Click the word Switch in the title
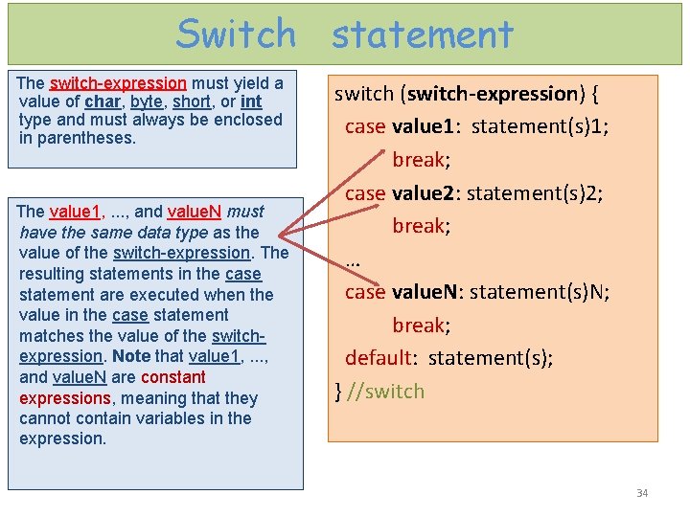click(237, 34)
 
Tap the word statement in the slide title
click(423, 35)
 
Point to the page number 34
click(642, 493)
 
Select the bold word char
click(103, 101)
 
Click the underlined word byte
click(147, 101)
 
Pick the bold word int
click(251, 101)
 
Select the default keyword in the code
click(379, 358)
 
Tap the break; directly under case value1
click(421, 159)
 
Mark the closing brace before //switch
click(338, 391)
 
